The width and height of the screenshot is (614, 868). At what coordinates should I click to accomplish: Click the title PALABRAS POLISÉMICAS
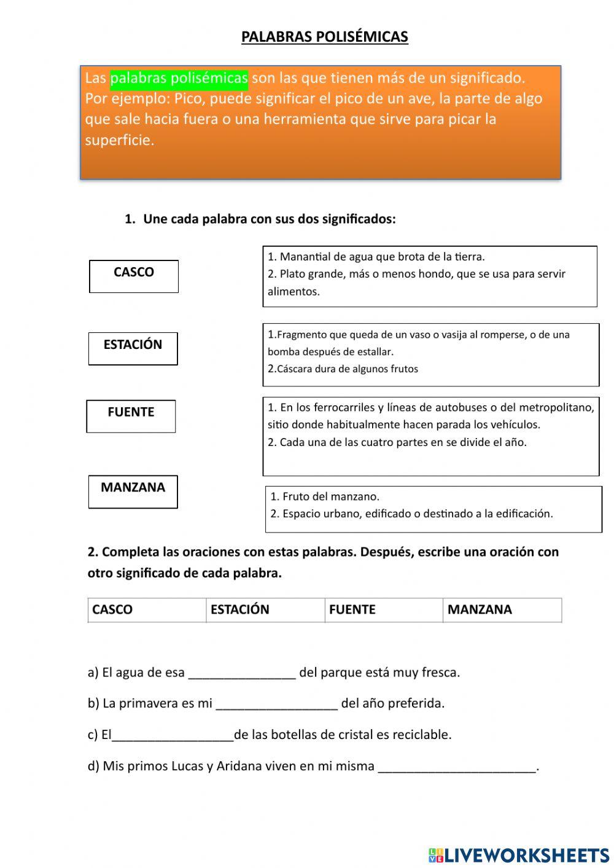tap(324, 37)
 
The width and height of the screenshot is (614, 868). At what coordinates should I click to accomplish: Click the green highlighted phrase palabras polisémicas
tap(179, 78)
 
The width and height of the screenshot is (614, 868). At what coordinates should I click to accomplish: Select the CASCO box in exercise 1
tap(134, 276)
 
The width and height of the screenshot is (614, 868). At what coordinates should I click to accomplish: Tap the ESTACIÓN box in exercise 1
tap(133, 348)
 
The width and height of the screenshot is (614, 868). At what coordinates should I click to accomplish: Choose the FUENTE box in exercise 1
tap(131, 416)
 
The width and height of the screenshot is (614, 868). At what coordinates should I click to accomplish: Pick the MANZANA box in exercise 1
tap(133, 491)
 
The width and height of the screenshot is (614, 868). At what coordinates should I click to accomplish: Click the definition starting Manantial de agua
tap(376, 257)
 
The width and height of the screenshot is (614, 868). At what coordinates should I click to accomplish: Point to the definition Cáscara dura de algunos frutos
tap(343, 369)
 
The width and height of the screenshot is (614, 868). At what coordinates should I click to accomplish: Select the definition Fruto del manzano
tap(325, 496)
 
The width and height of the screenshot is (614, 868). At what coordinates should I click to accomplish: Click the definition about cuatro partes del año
tap(397, 442)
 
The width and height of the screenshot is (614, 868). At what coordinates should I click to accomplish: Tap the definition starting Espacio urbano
tap(411, 514)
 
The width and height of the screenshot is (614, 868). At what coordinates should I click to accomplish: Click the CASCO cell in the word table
tap(147, 609)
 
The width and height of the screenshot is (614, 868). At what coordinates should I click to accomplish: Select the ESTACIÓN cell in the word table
tap(265, 609)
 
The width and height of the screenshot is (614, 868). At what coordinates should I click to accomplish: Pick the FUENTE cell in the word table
tap(384, 609)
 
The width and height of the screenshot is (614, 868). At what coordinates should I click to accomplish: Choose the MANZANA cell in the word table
tap(502, 609)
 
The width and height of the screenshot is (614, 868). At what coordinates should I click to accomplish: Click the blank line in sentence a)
tap(242, 674)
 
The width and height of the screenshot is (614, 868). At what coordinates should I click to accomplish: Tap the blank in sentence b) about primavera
tap(277, 705)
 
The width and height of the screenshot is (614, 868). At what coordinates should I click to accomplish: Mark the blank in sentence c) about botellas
tap(173, 736)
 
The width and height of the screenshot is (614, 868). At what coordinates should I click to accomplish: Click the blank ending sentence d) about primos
tap(457, 767)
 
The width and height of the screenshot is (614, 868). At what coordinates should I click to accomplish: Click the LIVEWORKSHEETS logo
tap(519, 854)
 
